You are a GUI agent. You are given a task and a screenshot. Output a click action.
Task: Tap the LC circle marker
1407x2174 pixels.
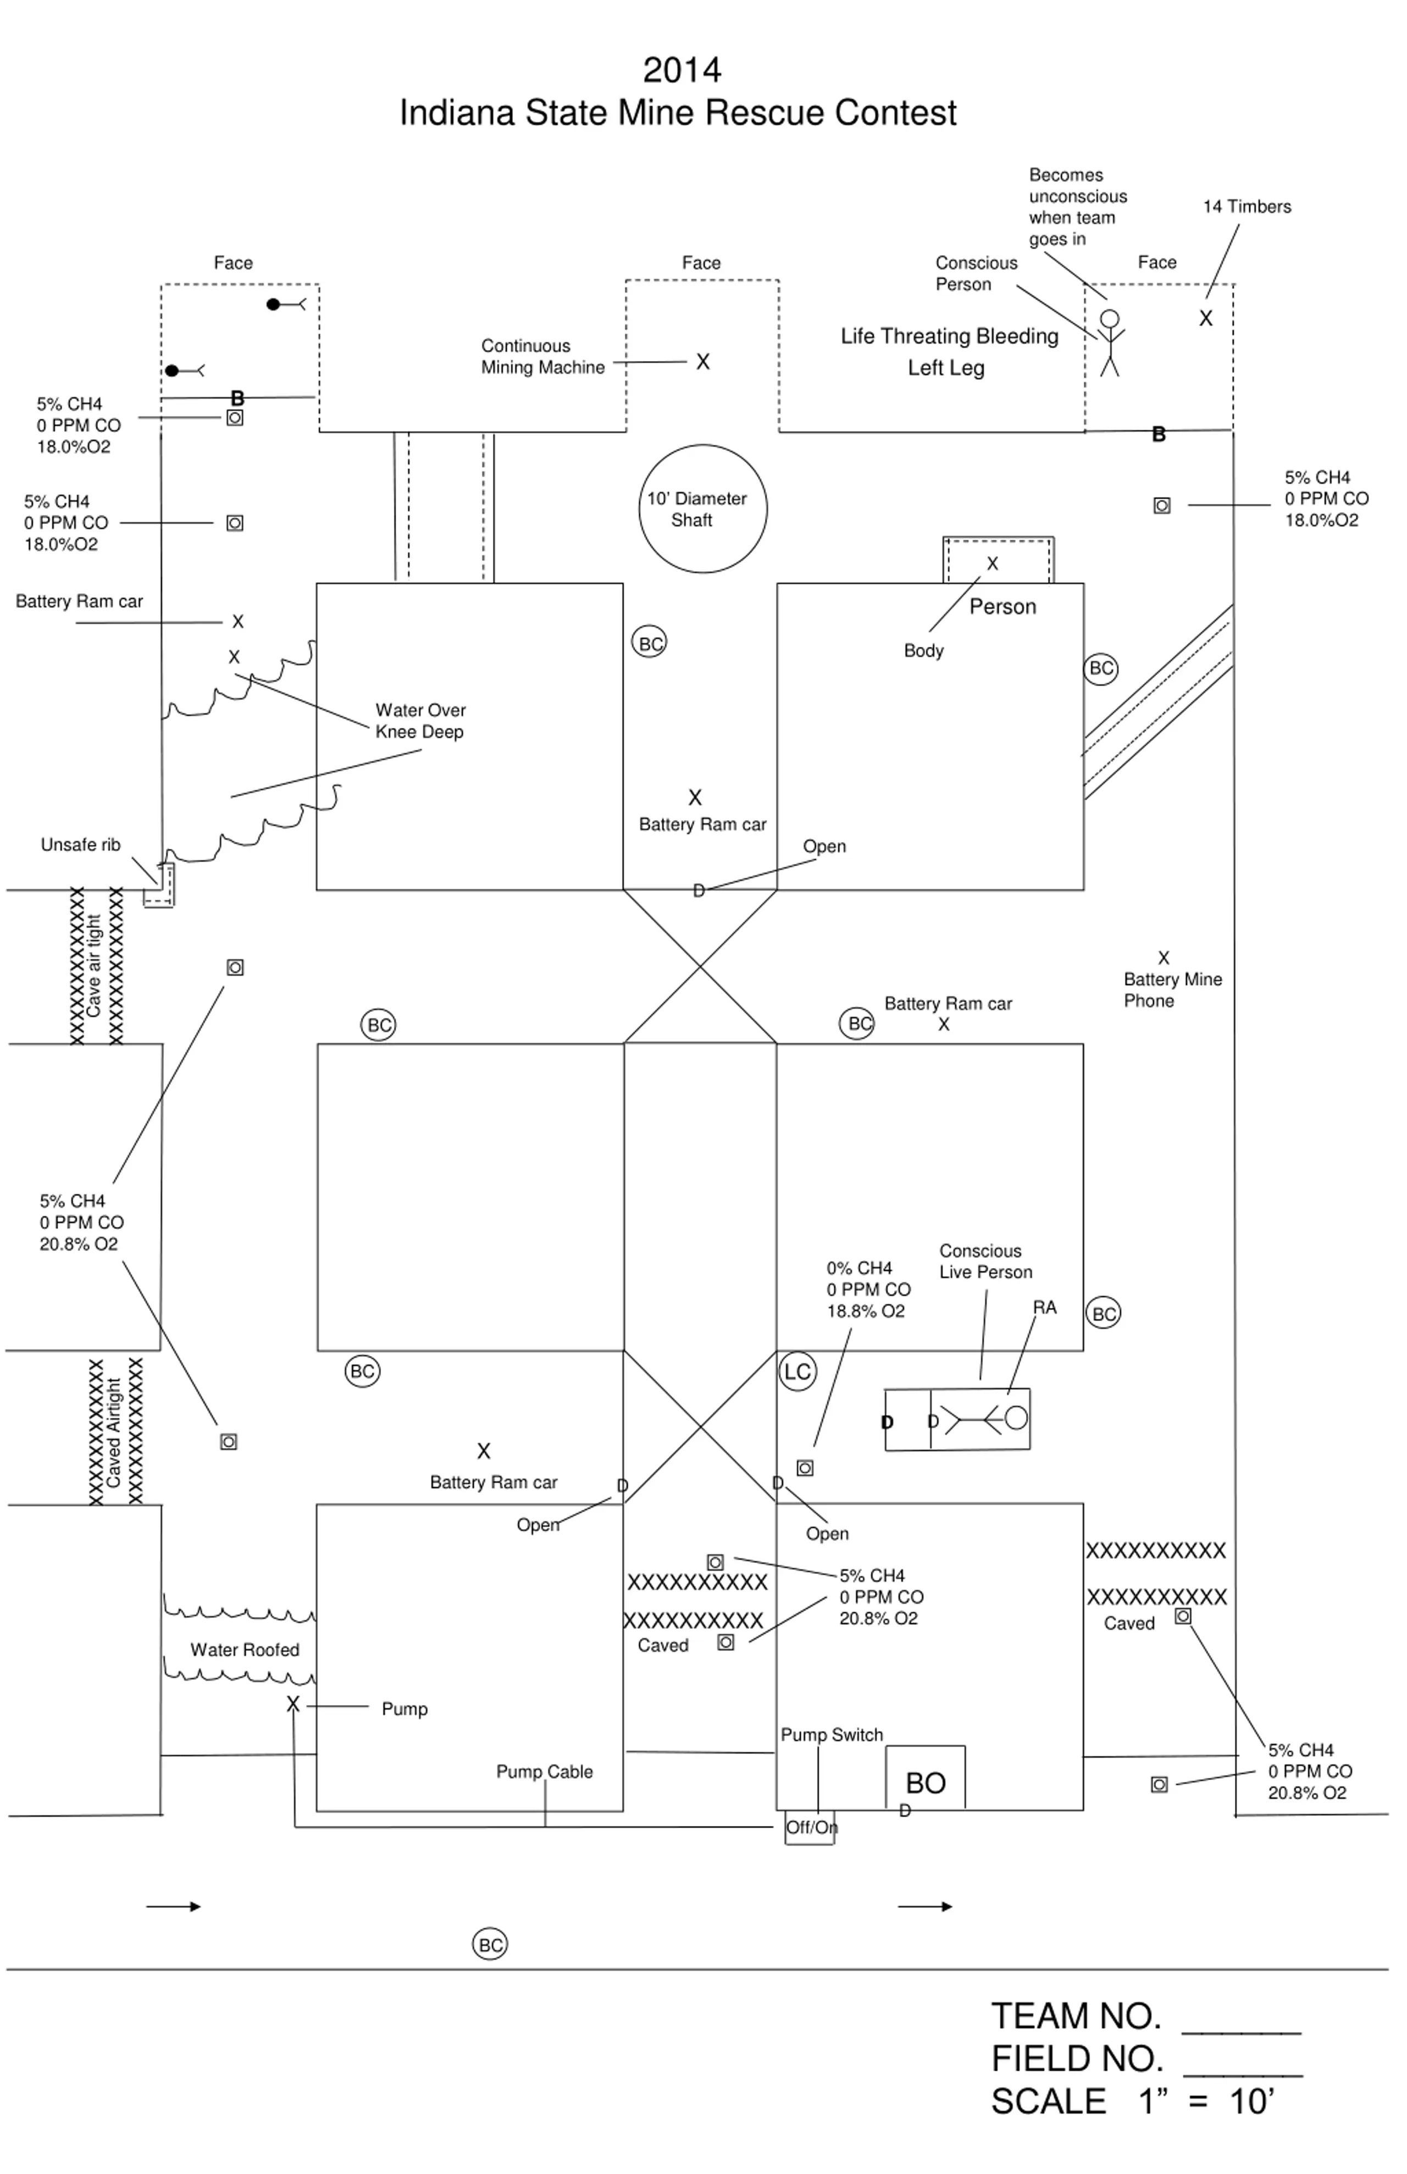(x=797, y=1371)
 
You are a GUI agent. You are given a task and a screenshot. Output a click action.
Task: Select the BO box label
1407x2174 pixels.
(x=925, y=1782)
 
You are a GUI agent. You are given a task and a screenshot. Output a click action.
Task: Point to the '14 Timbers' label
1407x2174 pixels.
(x=1247, y=207)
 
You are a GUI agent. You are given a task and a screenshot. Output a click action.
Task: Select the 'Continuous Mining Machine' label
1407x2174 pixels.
(x=543, y=356)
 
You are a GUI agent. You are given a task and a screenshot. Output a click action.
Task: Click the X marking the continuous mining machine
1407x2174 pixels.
(x=702, y=362)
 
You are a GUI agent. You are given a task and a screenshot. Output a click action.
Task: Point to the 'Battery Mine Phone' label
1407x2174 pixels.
(x=1172, y=990)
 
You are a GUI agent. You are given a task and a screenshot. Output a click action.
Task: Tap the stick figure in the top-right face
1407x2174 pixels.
(x=1109, y=342)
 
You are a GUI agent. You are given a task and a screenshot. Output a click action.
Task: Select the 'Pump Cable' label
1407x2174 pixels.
(x=544, y=1771)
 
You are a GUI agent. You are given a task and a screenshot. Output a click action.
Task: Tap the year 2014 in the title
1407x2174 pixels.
(x=682, y=70)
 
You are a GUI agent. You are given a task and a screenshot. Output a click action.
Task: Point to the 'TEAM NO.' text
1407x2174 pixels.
(x=1076, y=2016)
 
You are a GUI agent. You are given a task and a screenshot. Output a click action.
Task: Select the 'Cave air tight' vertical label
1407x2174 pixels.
(x=94, y=966)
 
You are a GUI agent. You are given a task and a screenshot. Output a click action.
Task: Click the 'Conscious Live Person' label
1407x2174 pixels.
(x=985, y=1262)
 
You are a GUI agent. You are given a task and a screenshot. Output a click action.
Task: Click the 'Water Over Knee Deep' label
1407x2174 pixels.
(x=420, y=721)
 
